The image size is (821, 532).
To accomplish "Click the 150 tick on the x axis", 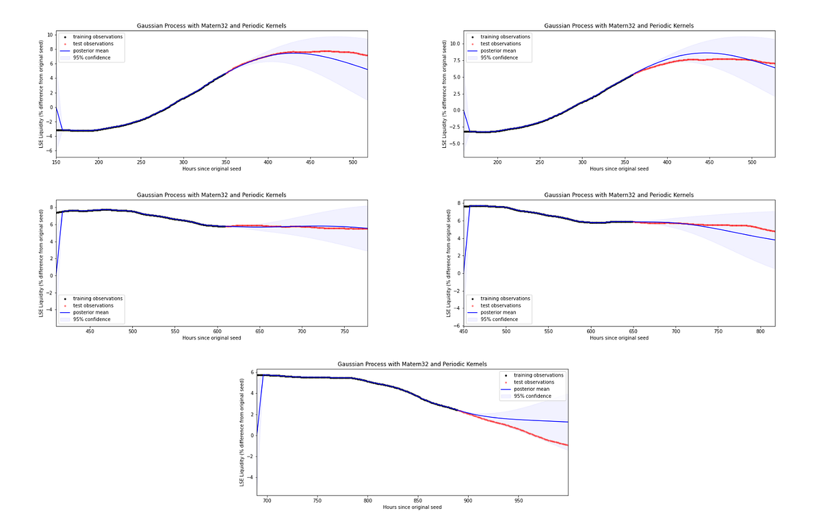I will tap(56, 162).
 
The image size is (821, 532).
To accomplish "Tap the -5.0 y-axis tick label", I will tap(454, 144).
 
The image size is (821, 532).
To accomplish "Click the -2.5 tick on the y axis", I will tap(454, 127).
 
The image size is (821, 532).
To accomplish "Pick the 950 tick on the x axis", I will tap(518, 501).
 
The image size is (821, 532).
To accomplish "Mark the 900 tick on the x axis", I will tap(468, 501).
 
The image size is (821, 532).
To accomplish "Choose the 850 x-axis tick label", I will tap(417, 501).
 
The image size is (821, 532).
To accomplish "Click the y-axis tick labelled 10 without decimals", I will tap(50, 34).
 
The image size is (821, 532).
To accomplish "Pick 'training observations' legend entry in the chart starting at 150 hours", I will tap(98, 37).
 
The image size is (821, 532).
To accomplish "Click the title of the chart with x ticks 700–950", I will tap(412, 364).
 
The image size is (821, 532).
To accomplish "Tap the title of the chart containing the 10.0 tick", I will tap(618, 26).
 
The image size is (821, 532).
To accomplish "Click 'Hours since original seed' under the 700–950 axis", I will tap(412, 507).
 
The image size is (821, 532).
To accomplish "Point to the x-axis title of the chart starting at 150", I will tap(211, 168).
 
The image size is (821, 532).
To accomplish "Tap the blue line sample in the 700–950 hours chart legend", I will tap(506, 389).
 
